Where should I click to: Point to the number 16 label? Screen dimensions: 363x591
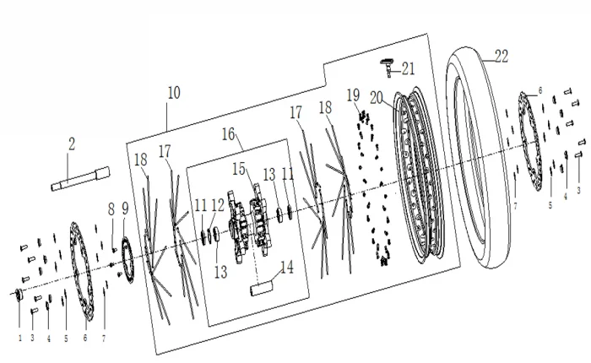229,134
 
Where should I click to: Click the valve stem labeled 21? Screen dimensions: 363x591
388,62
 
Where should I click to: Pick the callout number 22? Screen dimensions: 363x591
502,57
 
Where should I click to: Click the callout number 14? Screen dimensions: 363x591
287,268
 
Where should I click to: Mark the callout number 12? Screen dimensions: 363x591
217,205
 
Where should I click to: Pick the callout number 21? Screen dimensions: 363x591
409,68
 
